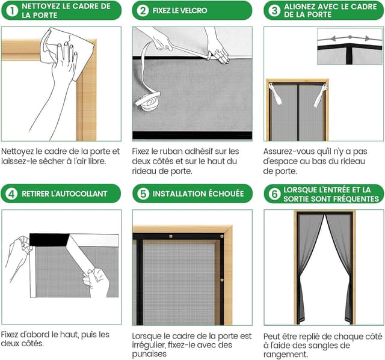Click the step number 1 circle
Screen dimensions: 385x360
(x=11, y=11)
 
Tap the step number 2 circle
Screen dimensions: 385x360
(x=143, y=11)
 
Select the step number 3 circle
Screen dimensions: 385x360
(x=274, y=11)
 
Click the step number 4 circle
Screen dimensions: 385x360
(x=11, y=194)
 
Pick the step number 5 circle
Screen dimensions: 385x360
(x=143, y=194)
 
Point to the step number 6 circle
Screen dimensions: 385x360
(x=274, y=194)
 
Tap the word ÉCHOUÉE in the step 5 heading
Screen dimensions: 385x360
(x=226, y=194)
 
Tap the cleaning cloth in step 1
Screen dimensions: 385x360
(x=67, y=52)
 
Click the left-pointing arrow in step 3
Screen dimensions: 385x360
(x=339, y=38)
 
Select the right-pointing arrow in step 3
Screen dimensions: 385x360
(x=360, y=38)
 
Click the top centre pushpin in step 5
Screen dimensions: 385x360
(x=171, y=236)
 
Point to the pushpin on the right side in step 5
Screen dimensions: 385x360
(x=222, y=280)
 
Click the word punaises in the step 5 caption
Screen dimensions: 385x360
(x=149, y=354)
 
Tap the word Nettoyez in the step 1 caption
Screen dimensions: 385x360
(x=17, y=152)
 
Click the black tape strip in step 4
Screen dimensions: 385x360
(x=49, y=240)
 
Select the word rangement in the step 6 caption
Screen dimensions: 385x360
(x=285, y=355)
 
